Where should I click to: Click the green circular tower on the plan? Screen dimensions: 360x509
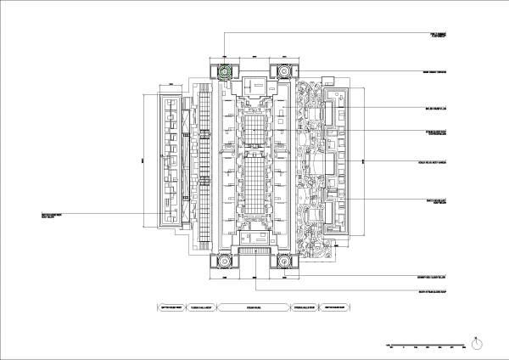pos(225,72)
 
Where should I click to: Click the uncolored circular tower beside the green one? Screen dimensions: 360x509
pos(282,72)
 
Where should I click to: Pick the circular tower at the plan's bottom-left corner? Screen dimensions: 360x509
pos(225,261)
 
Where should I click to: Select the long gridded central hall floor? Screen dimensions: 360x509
pos(254,170)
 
